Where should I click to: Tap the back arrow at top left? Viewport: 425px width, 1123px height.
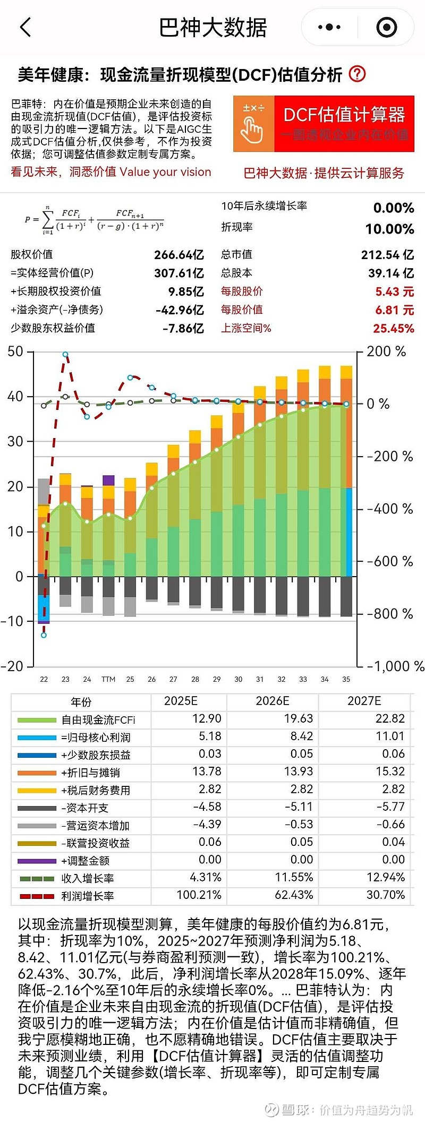click(x=25, y=27)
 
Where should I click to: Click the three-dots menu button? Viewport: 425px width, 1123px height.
click(x=329, y=27)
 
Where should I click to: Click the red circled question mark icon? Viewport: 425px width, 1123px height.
click(x=357, y=74)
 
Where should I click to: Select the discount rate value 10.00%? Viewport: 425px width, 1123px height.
click(x=389, y=229)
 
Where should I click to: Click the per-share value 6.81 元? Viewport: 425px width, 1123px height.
click(x=394, y=310)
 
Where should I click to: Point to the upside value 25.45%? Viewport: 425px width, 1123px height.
click(x=393, y=328)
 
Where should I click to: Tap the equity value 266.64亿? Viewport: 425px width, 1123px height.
click(x=178, y=255)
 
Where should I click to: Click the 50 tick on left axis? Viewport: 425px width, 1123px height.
click(x=15, y=352)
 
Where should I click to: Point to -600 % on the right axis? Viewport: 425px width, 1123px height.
click(x=389, y=561)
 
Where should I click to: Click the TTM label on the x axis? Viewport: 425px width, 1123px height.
click(x=108, y=679)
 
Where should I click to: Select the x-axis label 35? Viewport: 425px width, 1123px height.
click(x=346, y=679)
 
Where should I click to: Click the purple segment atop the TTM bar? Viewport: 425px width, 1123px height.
click(x=108, y=480)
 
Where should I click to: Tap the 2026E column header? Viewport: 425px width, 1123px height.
click(x=272, y=701)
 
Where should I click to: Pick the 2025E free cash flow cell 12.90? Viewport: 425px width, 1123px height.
click(x=207, y=719)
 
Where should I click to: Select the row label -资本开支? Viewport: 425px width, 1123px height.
click(x=84, y=808)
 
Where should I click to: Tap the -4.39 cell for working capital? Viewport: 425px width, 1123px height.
click(x=207, y=825)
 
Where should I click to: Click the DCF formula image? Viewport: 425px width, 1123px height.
click(x=94, y=219)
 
